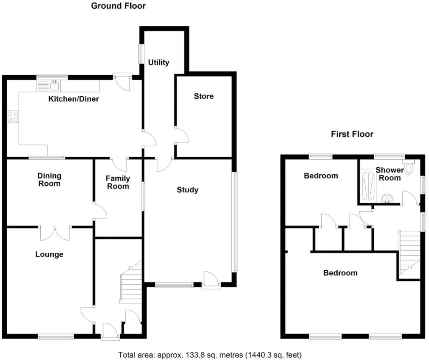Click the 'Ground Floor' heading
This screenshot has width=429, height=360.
tap(118, 6)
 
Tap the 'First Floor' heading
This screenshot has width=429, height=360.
tap(352, 134)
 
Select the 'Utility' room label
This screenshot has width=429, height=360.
tap(159, 62)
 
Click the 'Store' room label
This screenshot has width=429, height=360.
tap(204, 96)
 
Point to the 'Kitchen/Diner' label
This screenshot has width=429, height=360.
tap(74, 99)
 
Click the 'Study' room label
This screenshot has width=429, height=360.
tap(187, 190)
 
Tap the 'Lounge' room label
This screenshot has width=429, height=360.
tap(49, 254)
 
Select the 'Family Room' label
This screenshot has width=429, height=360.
tap(118, 182)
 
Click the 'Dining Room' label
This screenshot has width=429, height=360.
tap(49, 179)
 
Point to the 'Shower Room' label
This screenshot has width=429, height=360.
tap(389, 174)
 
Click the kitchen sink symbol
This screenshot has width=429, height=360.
tap(54, 85)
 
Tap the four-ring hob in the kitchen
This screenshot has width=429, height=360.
tap(13, 116)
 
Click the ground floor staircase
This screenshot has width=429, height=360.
tap(131, 283)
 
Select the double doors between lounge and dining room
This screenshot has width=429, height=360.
tap(55, 233)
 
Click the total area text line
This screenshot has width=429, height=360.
tap(210, 355)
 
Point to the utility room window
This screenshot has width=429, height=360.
tap(141, 53)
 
